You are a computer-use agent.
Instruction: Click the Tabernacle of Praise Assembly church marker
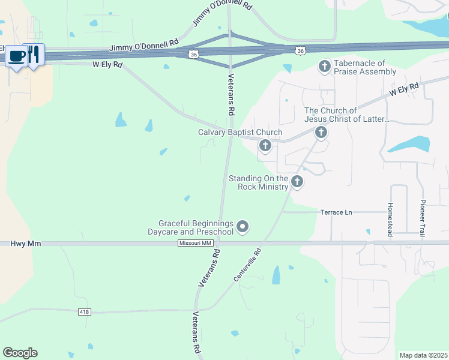(x=325, y=66)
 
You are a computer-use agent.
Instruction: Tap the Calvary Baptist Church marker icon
(x=265, y=145)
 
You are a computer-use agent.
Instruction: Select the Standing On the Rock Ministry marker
(x=297, y=182)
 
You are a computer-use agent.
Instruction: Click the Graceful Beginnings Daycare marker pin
(x=243, y=226)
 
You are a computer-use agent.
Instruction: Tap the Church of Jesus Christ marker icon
(x=321, y=132)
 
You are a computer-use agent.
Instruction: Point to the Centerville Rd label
(x=248, y=265)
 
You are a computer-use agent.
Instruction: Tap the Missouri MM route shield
(x=196, y=243)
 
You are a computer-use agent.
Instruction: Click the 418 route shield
(x=85, y=312)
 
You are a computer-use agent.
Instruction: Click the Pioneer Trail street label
(x=423, y=218)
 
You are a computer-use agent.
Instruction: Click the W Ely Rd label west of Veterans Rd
(x=107, y=64)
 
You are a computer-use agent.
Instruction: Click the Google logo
(x=20, y=353)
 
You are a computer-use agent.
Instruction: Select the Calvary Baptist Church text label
(x=240, y=133)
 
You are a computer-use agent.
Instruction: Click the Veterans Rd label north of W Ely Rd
(x=231, y=94)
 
